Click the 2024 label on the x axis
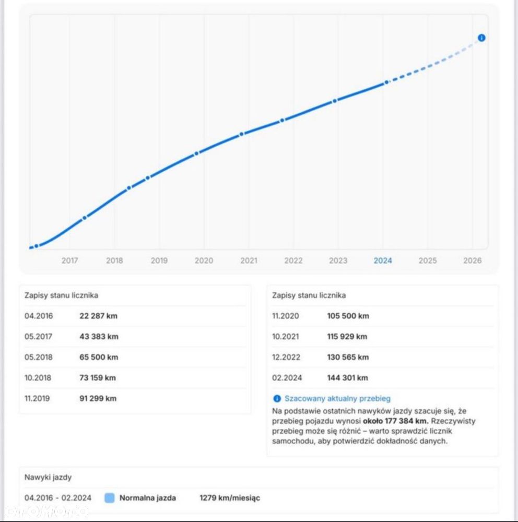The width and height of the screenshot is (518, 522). tap(383, 260)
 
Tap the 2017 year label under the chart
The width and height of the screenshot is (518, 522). tap(69, 260)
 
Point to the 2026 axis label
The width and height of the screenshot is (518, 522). tap(473, 260)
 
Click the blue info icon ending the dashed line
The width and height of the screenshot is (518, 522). tap(481, 38)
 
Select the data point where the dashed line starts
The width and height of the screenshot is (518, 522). tap(386, 82)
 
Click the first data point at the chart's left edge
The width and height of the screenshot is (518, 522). tap(37, 246)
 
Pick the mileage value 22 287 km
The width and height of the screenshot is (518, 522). tap(98, 316)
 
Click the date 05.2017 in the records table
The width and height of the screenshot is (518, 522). tap(38, 337)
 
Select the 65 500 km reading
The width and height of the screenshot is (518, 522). tap(99, 357)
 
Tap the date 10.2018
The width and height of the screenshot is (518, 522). tap(38, 378)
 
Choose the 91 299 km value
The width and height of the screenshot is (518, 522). tap(98, 398)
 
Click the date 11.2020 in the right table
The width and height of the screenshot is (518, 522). tap(286, 316)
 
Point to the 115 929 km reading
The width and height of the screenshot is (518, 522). tap(347, 337)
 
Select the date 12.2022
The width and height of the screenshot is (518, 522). tap(286, 357)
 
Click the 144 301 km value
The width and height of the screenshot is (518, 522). tap(347, 378)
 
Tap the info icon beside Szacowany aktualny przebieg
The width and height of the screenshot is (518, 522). tap(277, 398)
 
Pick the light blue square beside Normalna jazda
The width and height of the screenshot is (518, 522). tap(110, 498)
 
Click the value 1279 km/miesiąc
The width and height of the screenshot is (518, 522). tap(230, 498)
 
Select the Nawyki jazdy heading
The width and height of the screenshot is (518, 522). tap(48, 478)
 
